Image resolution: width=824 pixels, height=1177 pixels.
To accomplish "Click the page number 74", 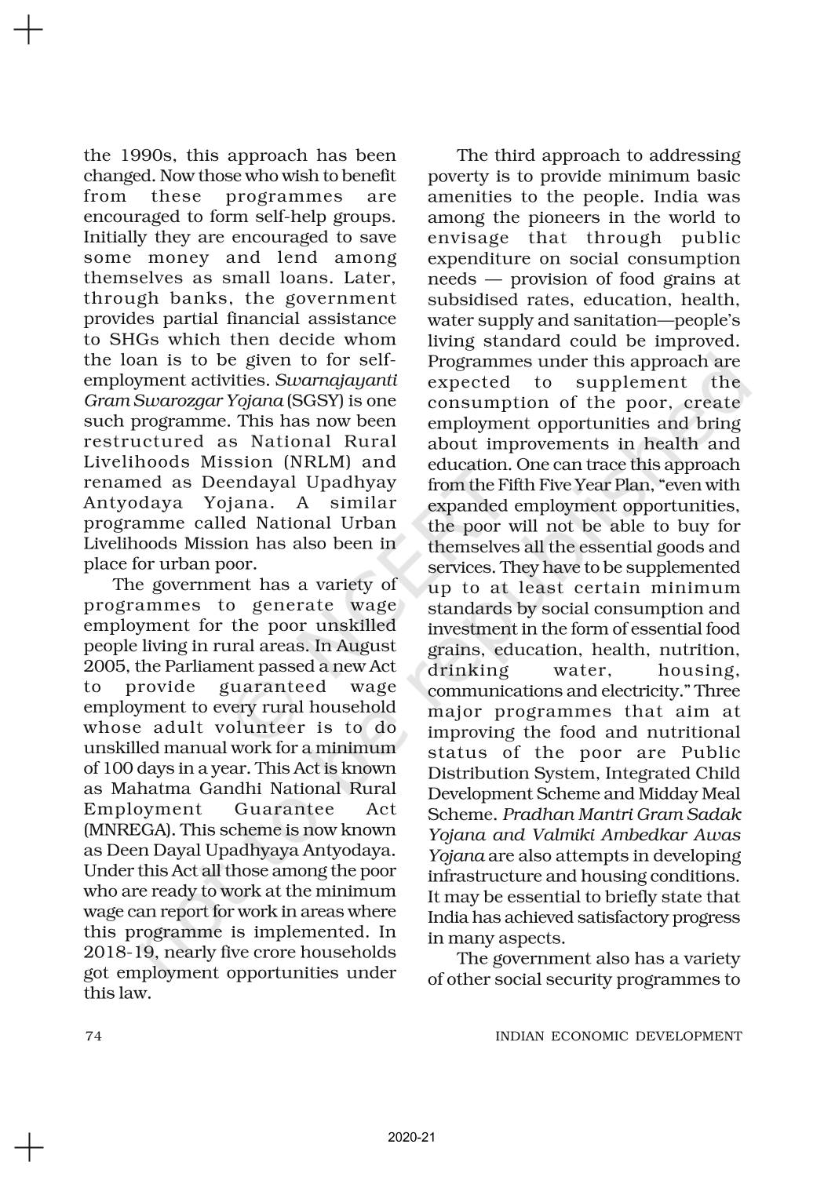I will pyautogui.click(x=93, y=1036).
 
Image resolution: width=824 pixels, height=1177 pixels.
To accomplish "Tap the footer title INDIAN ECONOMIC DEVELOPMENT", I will pyautogui.click(x=618, y=1036).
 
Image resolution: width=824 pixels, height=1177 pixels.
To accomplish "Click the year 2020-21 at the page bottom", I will pyautogui.click(x=411, y=1137).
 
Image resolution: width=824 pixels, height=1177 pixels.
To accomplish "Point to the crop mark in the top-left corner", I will pyautogui.click(x=28, y=31).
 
